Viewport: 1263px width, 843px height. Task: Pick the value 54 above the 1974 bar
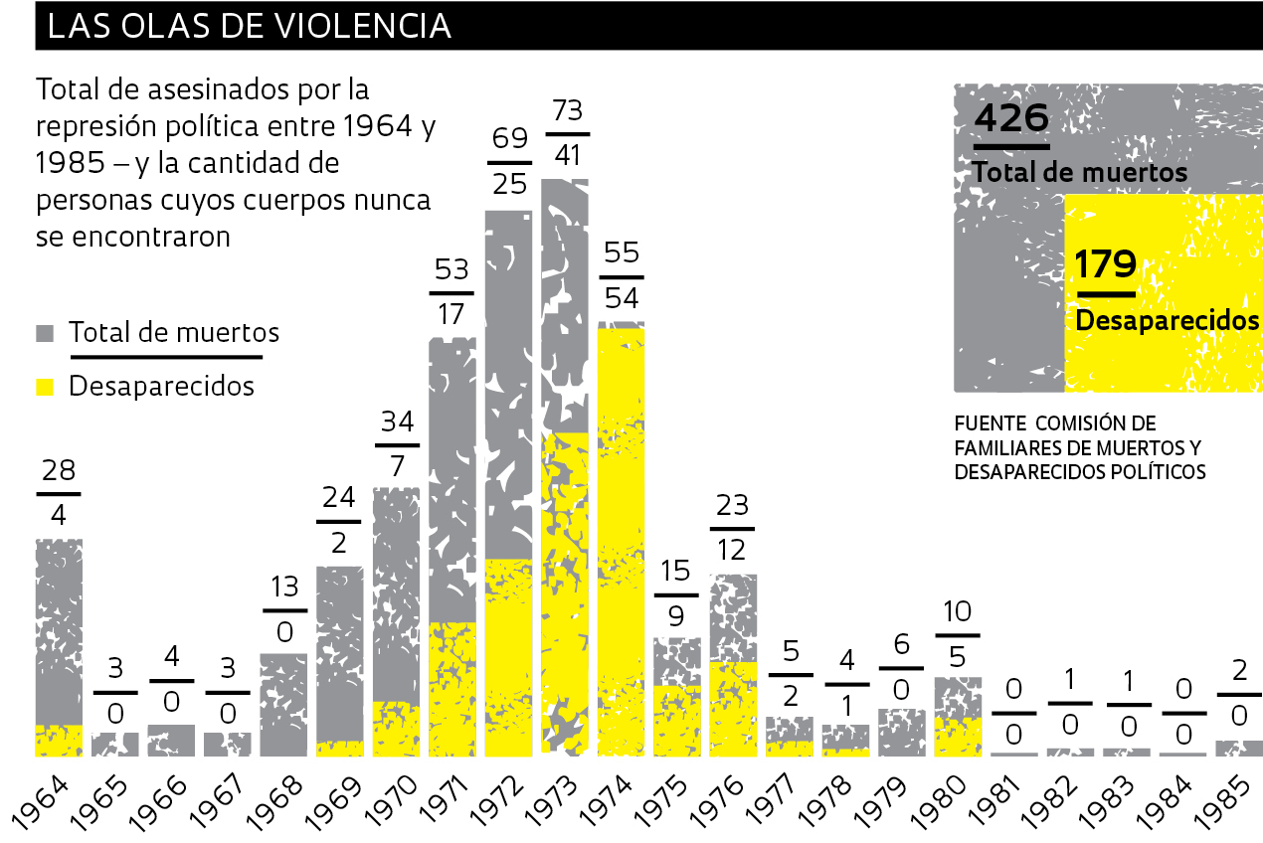(622, 297)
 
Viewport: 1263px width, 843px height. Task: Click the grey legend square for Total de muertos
(45, 333)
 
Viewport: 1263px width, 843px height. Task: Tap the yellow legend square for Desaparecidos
(45, 386)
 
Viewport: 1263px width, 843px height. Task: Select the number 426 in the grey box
(1011, 118)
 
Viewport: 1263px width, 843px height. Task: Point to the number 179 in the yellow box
(1106, 265)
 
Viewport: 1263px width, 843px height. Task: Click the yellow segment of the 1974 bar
(622, 537)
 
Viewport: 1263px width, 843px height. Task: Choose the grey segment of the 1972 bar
(508, 383)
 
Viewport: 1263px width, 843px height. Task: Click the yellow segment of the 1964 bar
(59, 741)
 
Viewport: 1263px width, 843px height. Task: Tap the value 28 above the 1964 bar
(59, 471)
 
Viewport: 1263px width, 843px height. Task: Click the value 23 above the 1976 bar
(732, 506)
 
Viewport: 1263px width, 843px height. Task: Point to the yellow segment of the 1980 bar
(958, 737)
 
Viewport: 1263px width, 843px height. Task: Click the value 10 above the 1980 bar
(957, 611)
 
